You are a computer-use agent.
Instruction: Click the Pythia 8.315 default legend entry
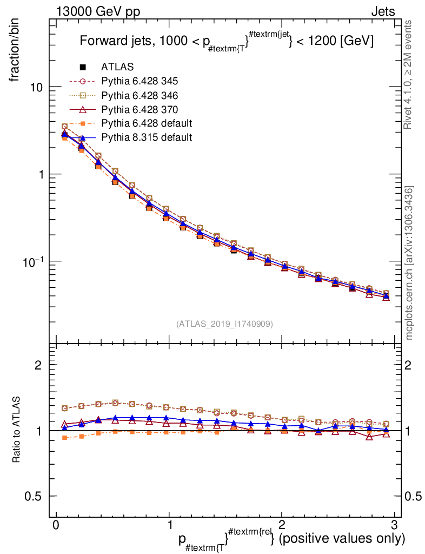click(x=146, y=137)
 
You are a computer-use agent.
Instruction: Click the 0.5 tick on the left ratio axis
click(x=34, y=497)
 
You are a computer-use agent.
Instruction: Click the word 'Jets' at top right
click(x=383, y=11)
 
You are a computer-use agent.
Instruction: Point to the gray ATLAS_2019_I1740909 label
click(x=224, y=324)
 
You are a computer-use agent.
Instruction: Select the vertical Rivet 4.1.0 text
click(x=409, y=75)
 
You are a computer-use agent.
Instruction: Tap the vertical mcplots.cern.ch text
click(x=409, y=262)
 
